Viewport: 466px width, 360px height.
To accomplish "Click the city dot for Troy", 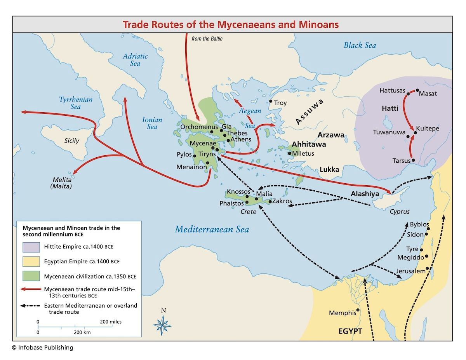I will click(271, 101).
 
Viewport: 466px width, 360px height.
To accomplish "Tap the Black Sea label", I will click(360, 45).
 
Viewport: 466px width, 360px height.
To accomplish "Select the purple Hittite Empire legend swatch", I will click(31, 247).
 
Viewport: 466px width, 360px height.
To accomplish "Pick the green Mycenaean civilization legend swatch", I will click(31, 277).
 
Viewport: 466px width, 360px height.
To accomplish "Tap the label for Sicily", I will click(71, 141).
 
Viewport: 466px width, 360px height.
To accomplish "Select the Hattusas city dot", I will click(409, 93).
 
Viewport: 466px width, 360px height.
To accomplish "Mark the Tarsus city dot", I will click(413, 160).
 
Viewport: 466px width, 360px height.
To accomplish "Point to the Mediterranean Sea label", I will click(212, 229).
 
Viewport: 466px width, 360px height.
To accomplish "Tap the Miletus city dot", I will click(289, 153).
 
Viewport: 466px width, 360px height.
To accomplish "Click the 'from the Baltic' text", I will click(207, 38).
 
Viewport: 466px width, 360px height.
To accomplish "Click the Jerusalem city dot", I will click(427, 269).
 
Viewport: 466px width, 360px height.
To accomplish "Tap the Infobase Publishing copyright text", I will click(42, 348).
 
